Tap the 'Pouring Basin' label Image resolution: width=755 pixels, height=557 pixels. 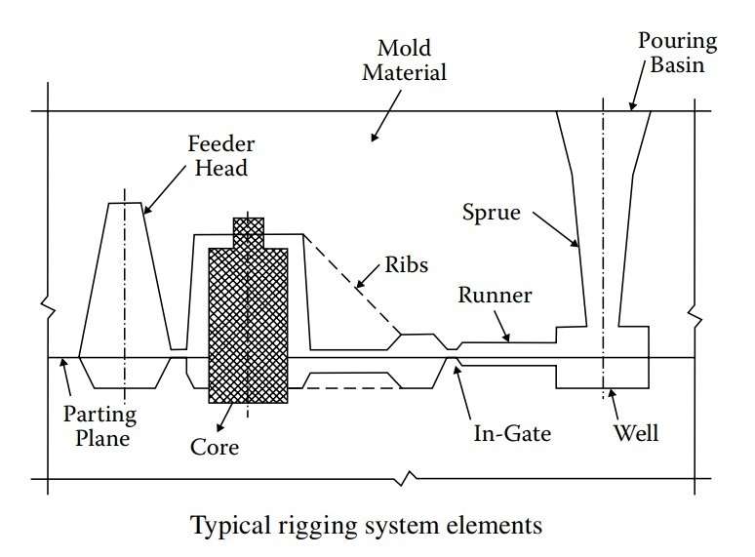pos(677,54)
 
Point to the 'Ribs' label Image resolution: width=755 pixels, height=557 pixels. pos(407,263)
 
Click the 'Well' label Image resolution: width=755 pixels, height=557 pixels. pos(636,431)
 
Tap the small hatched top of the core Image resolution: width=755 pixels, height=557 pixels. pos(248,232)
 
